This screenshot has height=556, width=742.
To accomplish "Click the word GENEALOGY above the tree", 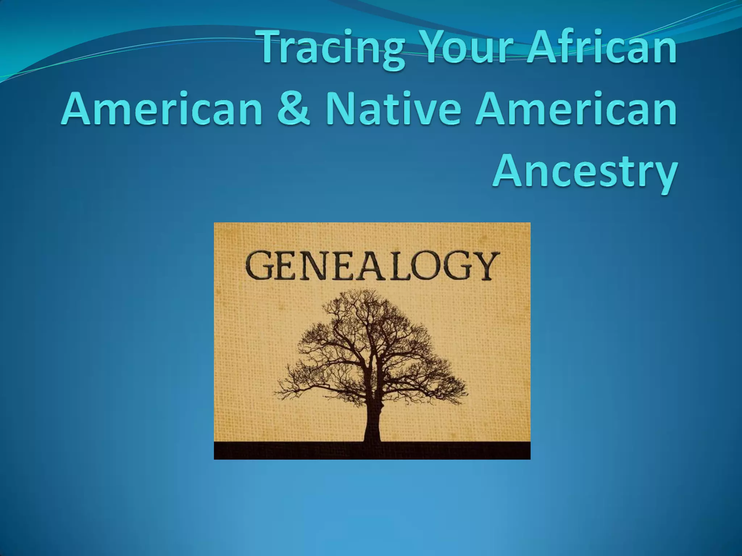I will coord(372,266).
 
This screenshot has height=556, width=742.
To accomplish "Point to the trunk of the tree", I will coord(372,416).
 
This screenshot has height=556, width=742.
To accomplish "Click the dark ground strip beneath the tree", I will coord(372,450).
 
